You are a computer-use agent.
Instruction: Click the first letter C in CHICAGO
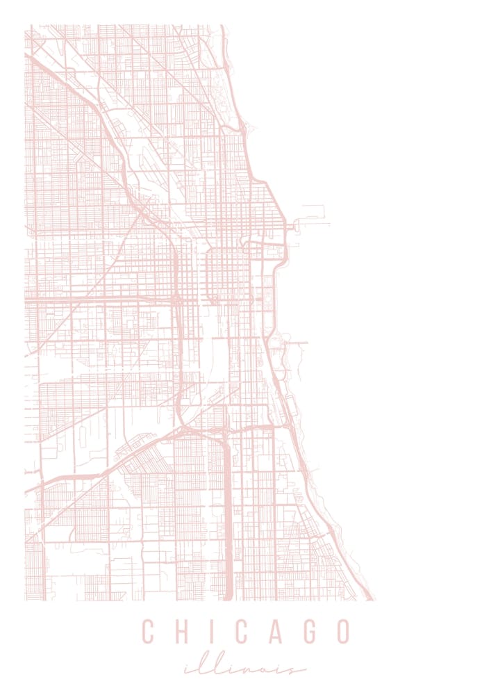click(x=148, y=632)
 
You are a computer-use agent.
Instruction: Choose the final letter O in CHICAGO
click(x=342, y=632)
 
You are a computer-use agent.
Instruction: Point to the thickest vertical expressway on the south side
click(x=227, y=528)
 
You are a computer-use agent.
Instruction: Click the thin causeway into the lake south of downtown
click(x=295, y=343)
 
